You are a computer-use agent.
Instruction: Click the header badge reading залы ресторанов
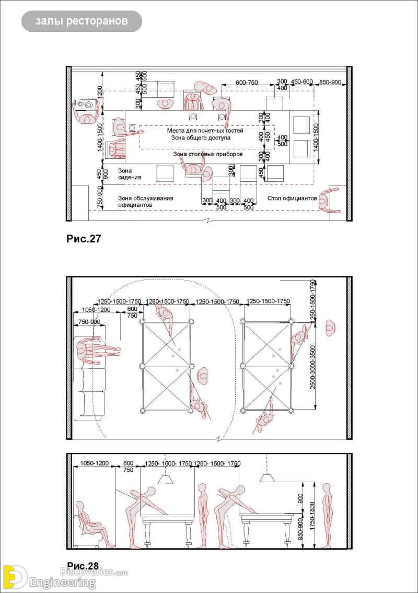(x=81, y=21)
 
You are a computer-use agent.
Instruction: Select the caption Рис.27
(x=84, y=239)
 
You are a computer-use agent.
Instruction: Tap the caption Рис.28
(x=83, y=566)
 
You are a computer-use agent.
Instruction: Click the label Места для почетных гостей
(x=205, y=131)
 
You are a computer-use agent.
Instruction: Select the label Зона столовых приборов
(x=207, y=155)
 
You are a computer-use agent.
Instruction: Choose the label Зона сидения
(x=129, y=173)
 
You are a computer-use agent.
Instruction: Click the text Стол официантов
(x=292, y=198)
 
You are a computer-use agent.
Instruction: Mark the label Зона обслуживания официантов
(x=145, y=202)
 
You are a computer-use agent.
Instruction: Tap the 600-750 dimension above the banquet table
(x=247, y=82)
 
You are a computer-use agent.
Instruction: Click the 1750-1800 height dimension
(x=312, y=515)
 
